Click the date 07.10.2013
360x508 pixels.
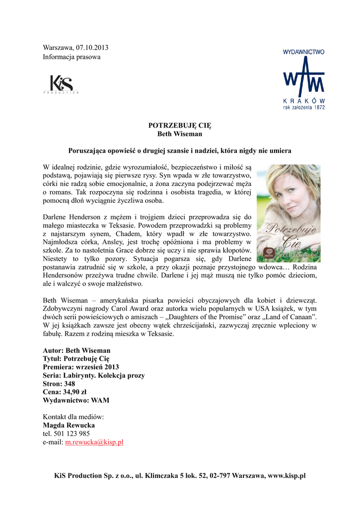92,48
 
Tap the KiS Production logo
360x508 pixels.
61,84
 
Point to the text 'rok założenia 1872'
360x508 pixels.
304,107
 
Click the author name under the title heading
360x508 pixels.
180,134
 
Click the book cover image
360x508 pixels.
288,213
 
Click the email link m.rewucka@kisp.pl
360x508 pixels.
94,442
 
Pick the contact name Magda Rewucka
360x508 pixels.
69,425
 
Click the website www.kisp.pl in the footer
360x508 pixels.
287,476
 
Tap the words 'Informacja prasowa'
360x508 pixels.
72,57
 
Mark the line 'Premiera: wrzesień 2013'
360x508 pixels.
81,367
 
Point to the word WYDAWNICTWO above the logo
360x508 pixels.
303,51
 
